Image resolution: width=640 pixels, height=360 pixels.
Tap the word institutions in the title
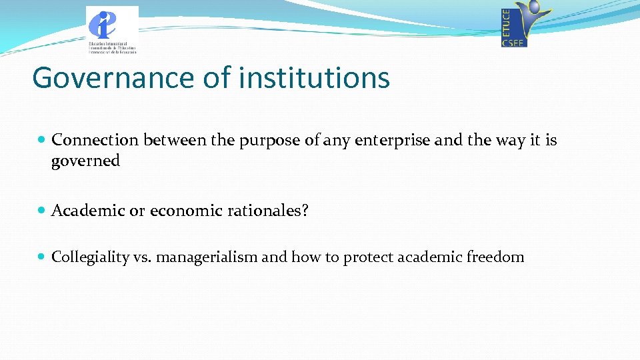(314, 77)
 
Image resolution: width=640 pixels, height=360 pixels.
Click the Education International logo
(112, 29)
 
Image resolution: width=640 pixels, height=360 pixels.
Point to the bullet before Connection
(41, 140)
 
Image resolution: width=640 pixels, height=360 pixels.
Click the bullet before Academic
(41, 211)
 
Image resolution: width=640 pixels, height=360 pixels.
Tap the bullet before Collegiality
(41, 257)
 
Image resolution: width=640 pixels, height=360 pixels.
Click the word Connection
(95, 140)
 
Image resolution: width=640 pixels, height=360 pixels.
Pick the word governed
(85, 161)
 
